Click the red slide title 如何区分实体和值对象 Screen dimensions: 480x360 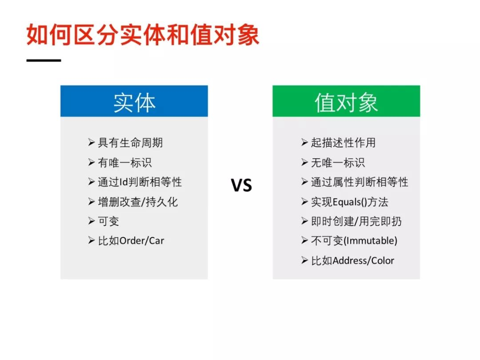coord(143,35)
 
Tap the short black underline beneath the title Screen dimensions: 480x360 coord(44,60)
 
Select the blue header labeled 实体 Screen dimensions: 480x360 coord(134,101)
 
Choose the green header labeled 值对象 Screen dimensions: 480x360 coord(346,101)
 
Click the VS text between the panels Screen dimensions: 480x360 coord(241,185)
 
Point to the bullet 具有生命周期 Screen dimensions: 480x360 coord(130,143)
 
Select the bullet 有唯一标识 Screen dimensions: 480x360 coord(125,163)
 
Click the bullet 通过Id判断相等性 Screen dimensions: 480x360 coord(140,182)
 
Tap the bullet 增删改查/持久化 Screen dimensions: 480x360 coord(138,202)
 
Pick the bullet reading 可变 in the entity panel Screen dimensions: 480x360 coord(108,221)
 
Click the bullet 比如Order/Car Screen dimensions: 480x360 coord(131,241)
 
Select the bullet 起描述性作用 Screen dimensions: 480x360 coord(343,143)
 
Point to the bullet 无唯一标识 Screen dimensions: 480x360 coord(338,163)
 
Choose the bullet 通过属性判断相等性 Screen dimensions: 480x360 coord(360,182)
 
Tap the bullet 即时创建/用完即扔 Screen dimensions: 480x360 coord(356,221)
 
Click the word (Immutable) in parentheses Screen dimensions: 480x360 coord(370,241)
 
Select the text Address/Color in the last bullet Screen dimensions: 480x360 coord(364,260)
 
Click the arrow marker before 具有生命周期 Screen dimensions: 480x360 coord(91,142)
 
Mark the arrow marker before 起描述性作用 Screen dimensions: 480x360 coord(304,142)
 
